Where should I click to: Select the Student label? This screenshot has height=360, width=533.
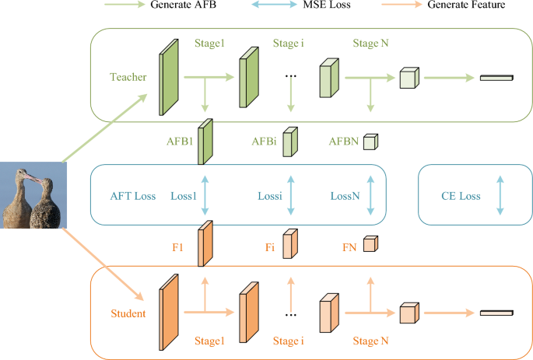tap(128, 313)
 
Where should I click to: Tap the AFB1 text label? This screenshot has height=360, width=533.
tap(180, 142)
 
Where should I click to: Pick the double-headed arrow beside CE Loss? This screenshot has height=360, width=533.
tap(500, 196)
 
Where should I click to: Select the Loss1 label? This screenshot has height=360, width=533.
tap(184, 196)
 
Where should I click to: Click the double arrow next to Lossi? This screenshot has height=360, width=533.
tap(289, 196)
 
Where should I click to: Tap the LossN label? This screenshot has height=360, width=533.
tap(345, 196)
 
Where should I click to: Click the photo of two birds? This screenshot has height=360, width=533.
tap(30, 197)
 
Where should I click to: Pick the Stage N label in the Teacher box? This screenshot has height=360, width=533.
tap(371, 42)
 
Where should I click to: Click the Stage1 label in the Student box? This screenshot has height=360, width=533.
tap(210, 341)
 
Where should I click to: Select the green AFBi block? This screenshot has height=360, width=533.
tap(289, 142)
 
